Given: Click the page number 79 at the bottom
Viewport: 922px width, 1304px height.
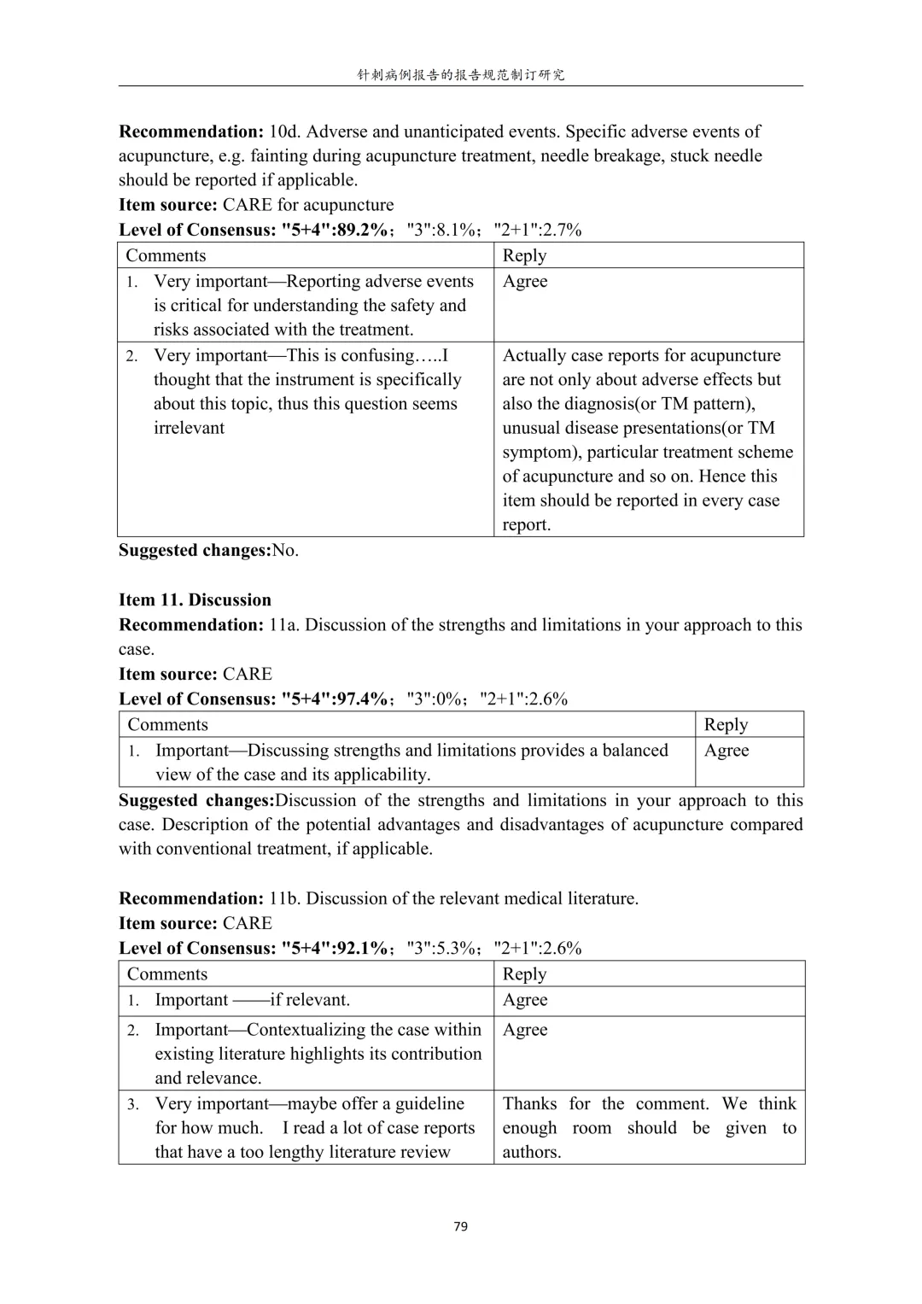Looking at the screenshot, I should (x=461, y=1226).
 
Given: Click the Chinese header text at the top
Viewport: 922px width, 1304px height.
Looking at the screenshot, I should (x=460, y=75).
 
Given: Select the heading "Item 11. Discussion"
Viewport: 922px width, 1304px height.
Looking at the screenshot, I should (x=195, y=599).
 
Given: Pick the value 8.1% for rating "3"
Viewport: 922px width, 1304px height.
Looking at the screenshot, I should (x=458, y=230).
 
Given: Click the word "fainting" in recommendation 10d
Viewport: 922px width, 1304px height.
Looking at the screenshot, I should (x=282, y=155).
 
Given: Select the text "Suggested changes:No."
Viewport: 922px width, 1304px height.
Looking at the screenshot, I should (x=208, y=550).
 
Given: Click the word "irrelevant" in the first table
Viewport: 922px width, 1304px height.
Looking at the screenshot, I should (x=189, y=428).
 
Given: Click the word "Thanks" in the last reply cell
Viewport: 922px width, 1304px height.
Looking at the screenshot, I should (x=529, y=1103).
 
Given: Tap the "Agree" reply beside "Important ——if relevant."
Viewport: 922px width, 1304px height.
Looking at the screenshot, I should (x=524, y=1000).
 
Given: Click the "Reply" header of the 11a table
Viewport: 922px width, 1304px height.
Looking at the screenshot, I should (x=726, y=724).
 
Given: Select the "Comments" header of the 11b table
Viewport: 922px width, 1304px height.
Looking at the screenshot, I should (x=166, y=974).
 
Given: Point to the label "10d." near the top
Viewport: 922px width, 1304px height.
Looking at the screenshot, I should (x=285, y=132).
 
